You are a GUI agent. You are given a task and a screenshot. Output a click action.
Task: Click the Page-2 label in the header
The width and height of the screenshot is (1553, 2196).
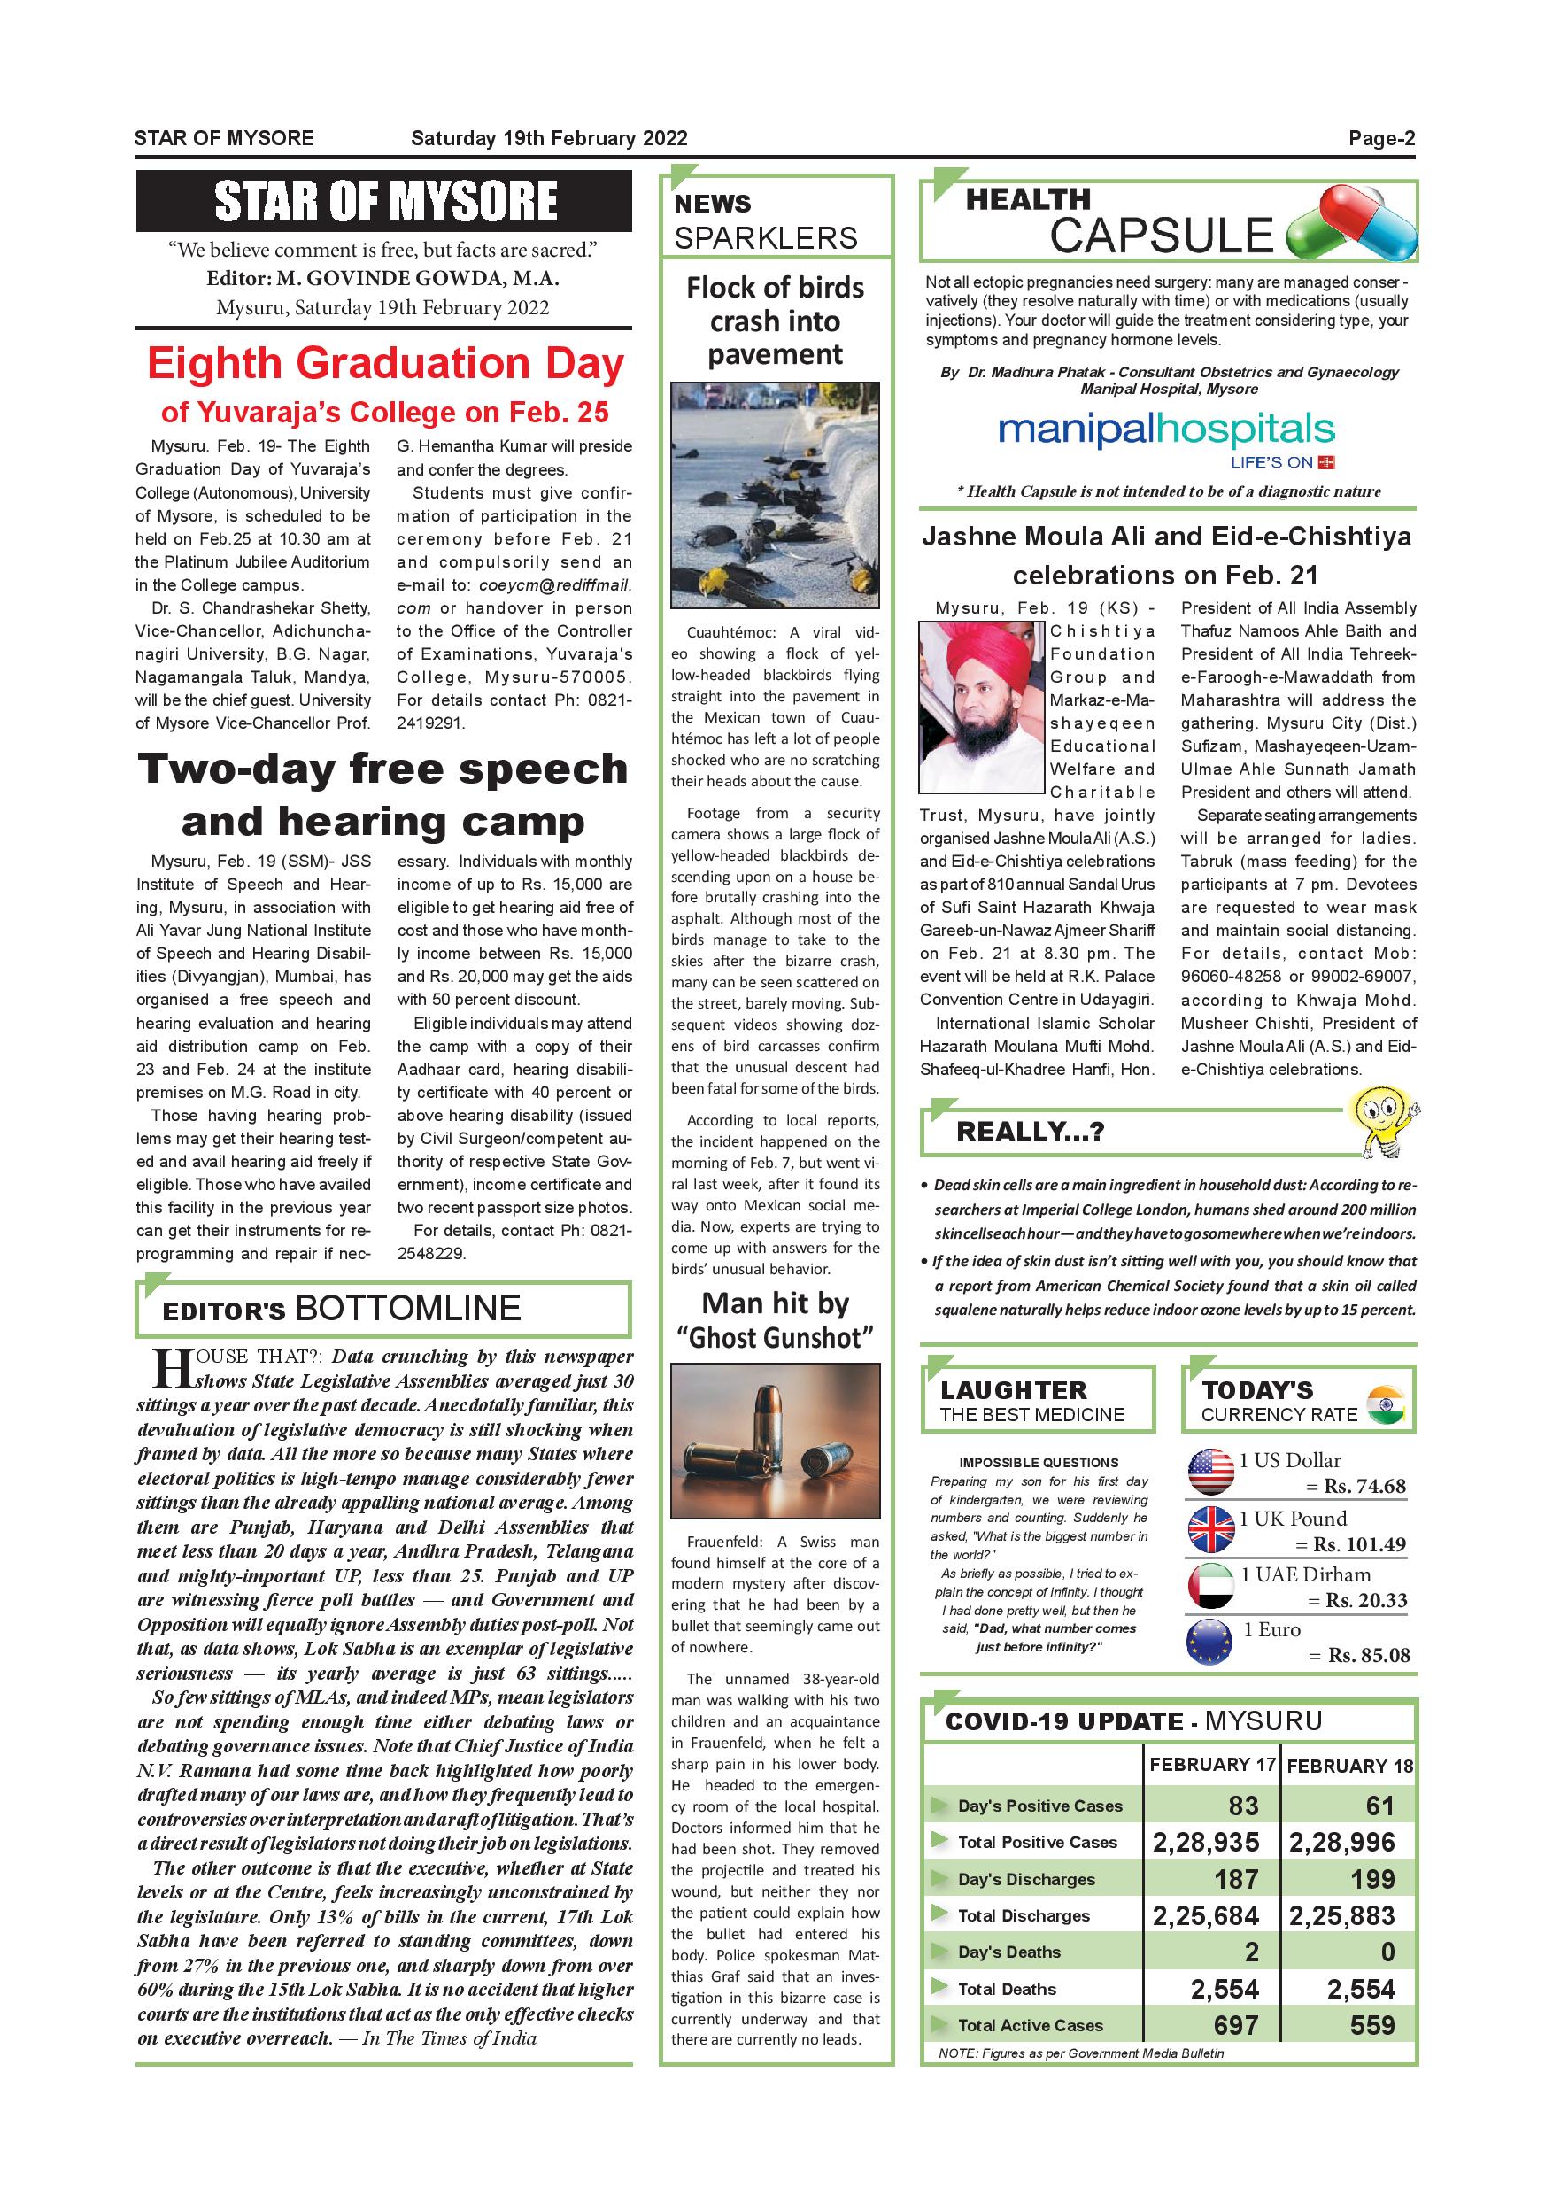click(x=1381, y=139)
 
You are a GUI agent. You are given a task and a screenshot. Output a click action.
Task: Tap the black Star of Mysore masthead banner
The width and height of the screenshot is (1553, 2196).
click(x=383, y=201)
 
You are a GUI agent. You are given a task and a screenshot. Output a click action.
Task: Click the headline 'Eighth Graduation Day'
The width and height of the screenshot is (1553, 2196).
click(x=384, y=363)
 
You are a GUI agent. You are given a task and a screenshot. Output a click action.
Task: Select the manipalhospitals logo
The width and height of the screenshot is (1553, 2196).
click(x=1166, y=432)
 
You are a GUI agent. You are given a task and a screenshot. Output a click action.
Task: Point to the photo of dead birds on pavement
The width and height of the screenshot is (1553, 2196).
click(x=775, y=496)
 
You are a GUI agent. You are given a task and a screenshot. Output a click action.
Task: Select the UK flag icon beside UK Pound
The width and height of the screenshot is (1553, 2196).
click(x=1210, y=1529)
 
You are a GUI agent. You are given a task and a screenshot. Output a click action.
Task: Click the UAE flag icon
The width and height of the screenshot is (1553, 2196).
click(x=1210, y=1586)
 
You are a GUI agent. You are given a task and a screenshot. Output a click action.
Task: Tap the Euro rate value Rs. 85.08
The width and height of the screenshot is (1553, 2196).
click(x=1369, y=1656)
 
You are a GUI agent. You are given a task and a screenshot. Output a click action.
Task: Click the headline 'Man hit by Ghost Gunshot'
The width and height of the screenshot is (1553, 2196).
click(x=775, y=1321)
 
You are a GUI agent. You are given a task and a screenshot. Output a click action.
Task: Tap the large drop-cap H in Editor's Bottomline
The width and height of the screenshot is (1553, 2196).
click(x=172, y=1369)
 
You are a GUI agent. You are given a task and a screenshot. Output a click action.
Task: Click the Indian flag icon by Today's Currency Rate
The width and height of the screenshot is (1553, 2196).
click(x=1386, y=1404)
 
